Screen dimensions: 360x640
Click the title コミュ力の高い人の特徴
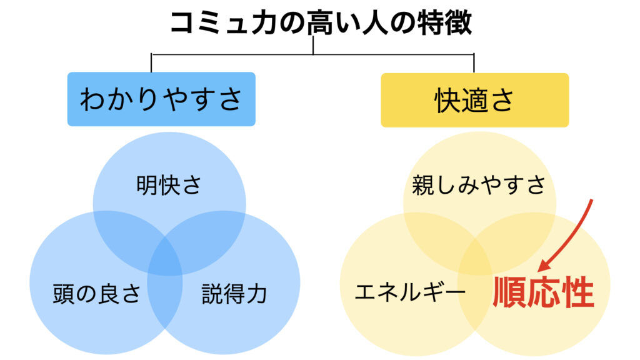point(320,22)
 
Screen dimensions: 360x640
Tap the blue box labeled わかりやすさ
point(161,99)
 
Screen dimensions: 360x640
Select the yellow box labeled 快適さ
point(474,100)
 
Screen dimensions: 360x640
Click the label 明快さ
point(169,186)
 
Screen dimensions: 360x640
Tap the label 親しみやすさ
point(479,185)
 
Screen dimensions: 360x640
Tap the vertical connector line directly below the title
point(312,46)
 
